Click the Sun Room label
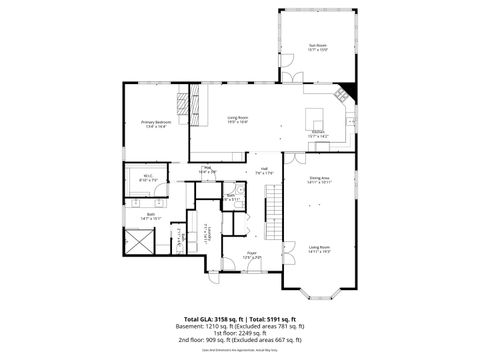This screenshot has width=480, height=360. tap(317, 47)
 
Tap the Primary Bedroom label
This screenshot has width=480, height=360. tap(155, 124)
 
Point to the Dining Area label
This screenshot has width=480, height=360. tap(319, 180)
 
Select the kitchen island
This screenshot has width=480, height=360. tap(313, 111)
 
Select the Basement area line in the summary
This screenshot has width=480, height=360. tap(240, 326)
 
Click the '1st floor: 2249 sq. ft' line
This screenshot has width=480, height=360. tap(240, 333)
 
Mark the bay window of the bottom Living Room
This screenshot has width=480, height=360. tap(319, 289)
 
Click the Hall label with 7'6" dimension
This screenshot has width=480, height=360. tap(264, 170)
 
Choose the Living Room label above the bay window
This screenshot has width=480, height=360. tap(319, 248)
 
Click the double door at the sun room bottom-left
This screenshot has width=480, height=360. tap(289, 77)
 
